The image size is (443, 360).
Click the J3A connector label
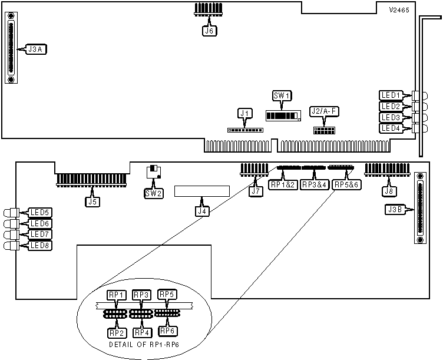click(35, 49)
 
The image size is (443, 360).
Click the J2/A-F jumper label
click(325, 111)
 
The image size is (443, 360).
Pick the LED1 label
click(391, 95)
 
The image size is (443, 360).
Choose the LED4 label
click(391, 128)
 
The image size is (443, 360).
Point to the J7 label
click(255, 191)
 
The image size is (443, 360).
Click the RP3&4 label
click(313, 184)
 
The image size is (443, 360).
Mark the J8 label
click(388, 191)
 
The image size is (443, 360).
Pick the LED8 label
click(40, 245)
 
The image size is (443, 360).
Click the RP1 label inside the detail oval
click(115, 295)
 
